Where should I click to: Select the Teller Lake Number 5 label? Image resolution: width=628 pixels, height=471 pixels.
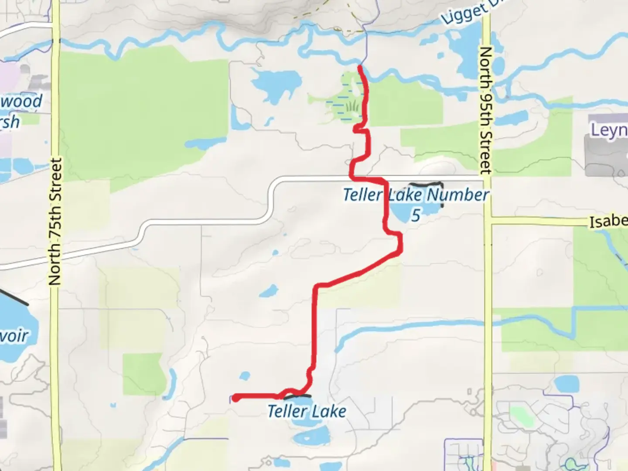click(x=416, y=195)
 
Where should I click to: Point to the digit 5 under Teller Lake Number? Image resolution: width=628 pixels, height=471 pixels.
click(x=416, y=215)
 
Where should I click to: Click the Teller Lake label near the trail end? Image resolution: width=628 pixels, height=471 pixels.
click(x=307, y=411)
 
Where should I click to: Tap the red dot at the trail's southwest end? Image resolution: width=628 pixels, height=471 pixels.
click(x=235, y=398)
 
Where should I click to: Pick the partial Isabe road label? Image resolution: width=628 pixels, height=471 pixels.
click(x=608, y=221)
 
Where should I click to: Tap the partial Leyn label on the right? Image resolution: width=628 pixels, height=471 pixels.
click(x=609, y=130)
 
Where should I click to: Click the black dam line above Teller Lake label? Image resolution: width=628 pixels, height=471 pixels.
click(x=297, y=397)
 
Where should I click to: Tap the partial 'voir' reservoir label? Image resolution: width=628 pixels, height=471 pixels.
click(x=14, y=336)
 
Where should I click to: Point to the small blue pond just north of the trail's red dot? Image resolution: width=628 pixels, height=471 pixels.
click(x=245, y=375)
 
